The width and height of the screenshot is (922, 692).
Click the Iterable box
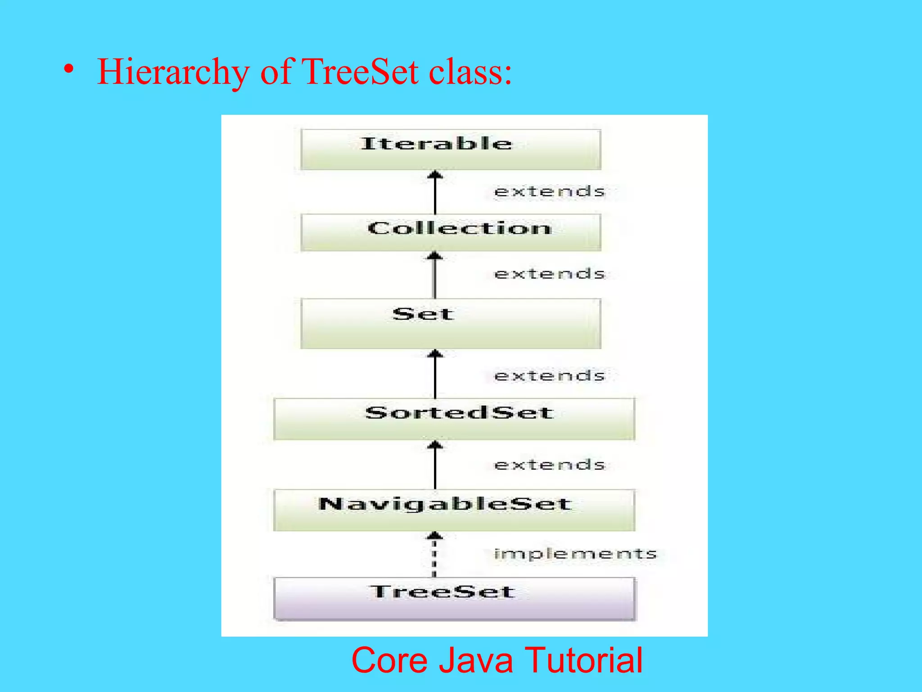[x=451, y=149]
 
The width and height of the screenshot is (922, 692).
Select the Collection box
[x=451, y=232]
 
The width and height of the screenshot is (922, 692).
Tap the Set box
[x=451, y=323]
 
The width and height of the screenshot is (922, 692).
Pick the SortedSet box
[x=454, y=419]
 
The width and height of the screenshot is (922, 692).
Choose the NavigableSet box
[x=454, y=510]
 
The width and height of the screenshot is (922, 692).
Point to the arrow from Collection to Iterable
[x=435, y=192]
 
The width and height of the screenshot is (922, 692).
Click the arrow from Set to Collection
[x=434, y=274]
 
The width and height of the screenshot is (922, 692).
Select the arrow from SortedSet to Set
[x=435, y=373]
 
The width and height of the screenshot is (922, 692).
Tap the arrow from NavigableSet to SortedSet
[x=435, y=464]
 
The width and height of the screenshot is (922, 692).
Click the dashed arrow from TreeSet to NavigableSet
[x=434, y=554]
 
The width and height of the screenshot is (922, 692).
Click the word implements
[x=575, y=554]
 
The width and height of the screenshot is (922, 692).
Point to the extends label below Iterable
[x=549, y=191]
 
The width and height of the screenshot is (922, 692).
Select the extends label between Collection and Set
[x=549, y=273]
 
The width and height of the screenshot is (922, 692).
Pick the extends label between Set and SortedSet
[x=549, y=375]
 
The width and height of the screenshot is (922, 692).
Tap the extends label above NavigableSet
[x=549, y=464]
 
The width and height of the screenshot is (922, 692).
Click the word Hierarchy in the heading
[x=173, y=72]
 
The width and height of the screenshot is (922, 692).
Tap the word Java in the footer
[x=475, y=660]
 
